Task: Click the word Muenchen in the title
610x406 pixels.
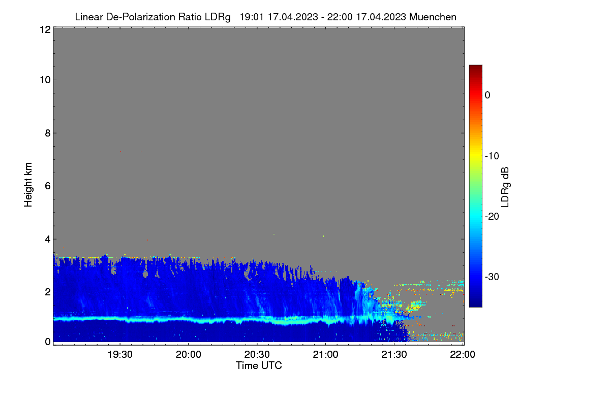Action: [x=433, y=17]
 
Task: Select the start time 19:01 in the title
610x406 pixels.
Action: [x=252, y=17]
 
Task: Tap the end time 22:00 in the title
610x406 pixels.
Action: [x=340, y=17]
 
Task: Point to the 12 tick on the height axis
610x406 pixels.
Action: [x=45, y=29]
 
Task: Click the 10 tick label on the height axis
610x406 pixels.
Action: [x=45, y=80]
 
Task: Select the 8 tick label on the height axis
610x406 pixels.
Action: [x=48, y=133]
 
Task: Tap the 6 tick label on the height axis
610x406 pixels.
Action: [x=48, y=186]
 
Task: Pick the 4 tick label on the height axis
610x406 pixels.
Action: [x=48, y=239]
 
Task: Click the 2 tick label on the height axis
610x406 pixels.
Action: [x=48, y=292]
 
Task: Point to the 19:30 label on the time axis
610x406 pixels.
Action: [x=120, y=354]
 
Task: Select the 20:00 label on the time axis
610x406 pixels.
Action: [x=189, y=354]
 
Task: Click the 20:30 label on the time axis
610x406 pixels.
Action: [x=257, y=354]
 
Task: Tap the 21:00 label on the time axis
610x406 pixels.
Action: [x=325, y=354]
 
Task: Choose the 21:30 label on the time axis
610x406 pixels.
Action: [x=394, y=354]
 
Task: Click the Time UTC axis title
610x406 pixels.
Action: [x=259, y=365]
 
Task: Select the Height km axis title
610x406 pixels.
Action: [x=28, y=185]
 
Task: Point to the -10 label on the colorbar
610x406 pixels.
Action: [x=492, y=156]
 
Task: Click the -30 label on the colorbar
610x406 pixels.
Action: [x=492, y=277]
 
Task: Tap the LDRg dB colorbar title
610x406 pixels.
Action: [x=505, y=187]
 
